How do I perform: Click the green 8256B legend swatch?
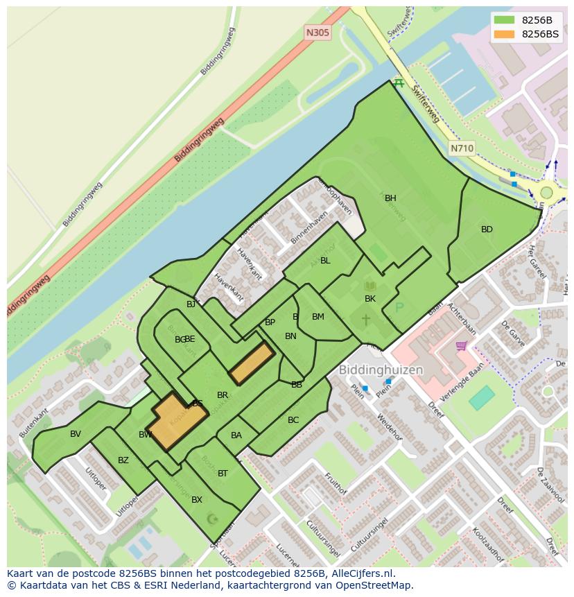(x=504, y=20)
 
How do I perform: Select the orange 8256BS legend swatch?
(x=504, y=34)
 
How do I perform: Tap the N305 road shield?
(x=318, y=33)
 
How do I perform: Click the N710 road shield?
(x=462, y=148)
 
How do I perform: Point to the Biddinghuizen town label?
(x=381, y=370)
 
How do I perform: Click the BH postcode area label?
(x=390, y=198)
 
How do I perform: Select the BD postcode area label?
(x=487, y=230)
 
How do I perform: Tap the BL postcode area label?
(x=325, y=261)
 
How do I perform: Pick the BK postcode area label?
(x=370, y=299)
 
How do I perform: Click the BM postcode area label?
(x=318, y=317)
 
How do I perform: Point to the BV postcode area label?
(x=76, y=434)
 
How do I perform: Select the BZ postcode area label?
(x=123, y=460)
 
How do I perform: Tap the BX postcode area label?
(x=197, y=500)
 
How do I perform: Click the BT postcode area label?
(x=223, y=474)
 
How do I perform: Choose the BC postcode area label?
(x=293, y=420)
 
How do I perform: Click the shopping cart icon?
(x=462, y=345)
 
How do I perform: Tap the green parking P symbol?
(x=399, y=307)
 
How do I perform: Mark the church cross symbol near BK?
(x=365, y=320)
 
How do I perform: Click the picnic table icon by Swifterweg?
(x=398, y=83)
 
